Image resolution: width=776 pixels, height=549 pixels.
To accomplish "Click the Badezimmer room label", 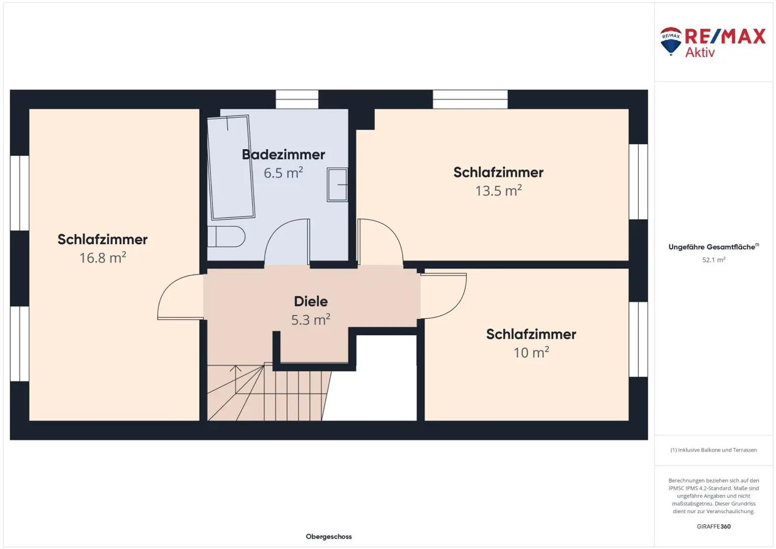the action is pyautogui.click(x=283, y=155).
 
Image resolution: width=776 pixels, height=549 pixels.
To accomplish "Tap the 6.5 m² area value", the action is pyautogui.click(x=283, y=172).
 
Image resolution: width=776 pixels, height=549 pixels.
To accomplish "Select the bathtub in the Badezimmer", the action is pyautogui.click(x=231, y=167).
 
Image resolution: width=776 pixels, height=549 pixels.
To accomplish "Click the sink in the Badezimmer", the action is pyautogui.click(x=337, y=185).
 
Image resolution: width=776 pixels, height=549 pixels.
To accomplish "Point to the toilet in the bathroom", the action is pyautogui.click(x=226, y=237).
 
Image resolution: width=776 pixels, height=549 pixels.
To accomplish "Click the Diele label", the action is pyautogui.click(x=311, y=301).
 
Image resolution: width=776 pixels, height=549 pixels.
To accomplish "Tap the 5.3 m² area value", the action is pyautogui.click(x=311, y=319).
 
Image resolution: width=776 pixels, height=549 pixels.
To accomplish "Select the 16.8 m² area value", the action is pyautogui.click(x=103, y=257).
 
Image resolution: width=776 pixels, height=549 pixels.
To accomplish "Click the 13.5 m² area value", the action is pyautogui.click(x=498, y=191).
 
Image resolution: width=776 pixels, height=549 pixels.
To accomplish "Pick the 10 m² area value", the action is pyautogui.click(x=531, y=352).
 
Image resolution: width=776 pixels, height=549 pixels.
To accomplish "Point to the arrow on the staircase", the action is pyautogui.click(x=235, y=379).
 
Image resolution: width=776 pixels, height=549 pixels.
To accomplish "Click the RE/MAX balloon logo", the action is pyautogui.click(x=671, y=41).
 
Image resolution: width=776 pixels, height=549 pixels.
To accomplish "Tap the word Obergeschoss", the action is pyautogui.click(x=329, y=536).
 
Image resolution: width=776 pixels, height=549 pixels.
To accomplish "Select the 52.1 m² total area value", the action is pyautogui.click(x=714, y=260).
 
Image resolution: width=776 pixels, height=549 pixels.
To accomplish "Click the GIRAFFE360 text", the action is pyautogui.click(x=714, y=526).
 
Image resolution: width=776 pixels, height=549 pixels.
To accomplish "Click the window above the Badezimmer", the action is pyautogui.click(x=297, y=99).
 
